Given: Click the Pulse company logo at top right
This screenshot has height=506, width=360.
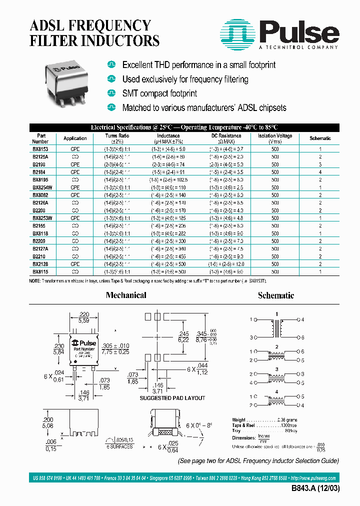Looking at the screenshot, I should tap(280, 34).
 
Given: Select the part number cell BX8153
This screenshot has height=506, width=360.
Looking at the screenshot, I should tap(41, 149).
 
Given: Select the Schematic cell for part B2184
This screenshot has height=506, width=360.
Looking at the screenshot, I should tap(320, 171).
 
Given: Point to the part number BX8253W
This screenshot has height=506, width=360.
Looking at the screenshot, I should tap(42, 218).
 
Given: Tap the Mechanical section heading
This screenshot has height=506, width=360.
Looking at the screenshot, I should tap(126, 295).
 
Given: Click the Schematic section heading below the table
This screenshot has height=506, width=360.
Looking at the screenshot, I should tap(275, 295).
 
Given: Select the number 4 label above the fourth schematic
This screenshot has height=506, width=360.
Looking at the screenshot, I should tap(276, 391).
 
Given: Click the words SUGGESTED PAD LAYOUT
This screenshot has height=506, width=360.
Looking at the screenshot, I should tap(172, 398).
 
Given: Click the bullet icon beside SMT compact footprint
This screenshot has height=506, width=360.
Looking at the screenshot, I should tap(111, 93).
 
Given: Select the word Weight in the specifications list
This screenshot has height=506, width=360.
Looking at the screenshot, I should tap(239, 419).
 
